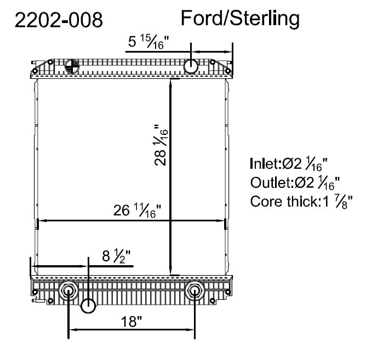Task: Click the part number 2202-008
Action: click(59, 20)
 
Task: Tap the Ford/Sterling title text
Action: click(240, 19)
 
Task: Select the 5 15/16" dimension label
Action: click(148, 42)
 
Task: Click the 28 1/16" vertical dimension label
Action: click(161, 145)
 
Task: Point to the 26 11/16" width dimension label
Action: click(137, 210)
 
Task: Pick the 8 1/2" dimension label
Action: click(116, 256)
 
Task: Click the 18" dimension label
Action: click(131, 321)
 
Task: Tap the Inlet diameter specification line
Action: click(289, 164)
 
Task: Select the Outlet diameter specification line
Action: click(295, 182)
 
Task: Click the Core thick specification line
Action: click(301, 201)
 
